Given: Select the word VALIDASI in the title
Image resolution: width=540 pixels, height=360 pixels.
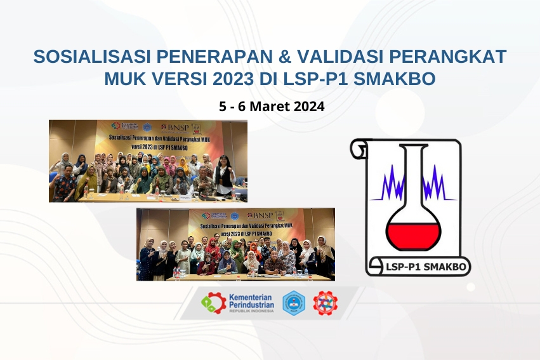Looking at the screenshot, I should (341, 58).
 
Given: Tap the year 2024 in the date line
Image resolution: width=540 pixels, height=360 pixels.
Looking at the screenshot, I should (309, 107).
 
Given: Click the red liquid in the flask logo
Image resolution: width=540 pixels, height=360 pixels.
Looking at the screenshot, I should (416, 234).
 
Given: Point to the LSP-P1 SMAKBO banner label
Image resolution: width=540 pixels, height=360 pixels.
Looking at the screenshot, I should (418, 267).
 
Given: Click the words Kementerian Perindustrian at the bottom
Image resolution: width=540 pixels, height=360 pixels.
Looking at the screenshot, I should (252, 303).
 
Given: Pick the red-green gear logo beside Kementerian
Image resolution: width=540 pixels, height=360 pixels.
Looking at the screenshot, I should (214, 303).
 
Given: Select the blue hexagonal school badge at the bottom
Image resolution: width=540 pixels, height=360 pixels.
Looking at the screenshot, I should (294, 303).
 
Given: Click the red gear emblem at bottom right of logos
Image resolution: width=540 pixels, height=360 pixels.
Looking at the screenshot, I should (326, 303).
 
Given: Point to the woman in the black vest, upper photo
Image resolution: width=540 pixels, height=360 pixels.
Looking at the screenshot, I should (225, 175).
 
